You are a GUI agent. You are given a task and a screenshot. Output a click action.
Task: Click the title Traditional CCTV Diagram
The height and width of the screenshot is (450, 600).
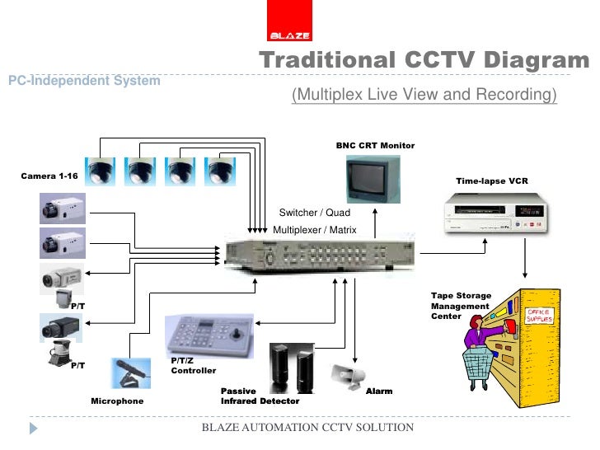click(x=424, y=61)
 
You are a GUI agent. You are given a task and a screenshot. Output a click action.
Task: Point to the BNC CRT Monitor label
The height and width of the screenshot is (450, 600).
click(x=375, y=146)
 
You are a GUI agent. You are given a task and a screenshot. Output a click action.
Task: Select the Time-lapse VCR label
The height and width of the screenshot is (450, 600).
click(x=492, y=180)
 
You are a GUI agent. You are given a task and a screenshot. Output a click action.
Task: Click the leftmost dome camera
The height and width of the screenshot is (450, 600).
click(x=101, y=171)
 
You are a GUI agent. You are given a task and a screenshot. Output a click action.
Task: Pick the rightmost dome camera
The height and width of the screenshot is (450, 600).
click(x=219, y=171)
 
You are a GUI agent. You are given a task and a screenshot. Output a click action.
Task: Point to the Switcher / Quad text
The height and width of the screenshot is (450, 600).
click(x=309, y=213)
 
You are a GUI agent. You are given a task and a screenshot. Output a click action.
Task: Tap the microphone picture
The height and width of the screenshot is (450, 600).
click(x=132, y=373)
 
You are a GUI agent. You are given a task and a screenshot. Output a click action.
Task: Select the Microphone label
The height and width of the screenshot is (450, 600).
click(x=117, y=401)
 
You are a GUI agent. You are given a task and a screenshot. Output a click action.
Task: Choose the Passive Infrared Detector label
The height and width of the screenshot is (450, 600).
click(x=260, y=396)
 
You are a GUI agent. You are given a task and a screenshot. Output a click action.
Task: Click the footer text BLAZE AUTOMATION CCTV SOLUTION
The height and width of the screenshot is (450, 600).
click(x=308, y=428)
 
